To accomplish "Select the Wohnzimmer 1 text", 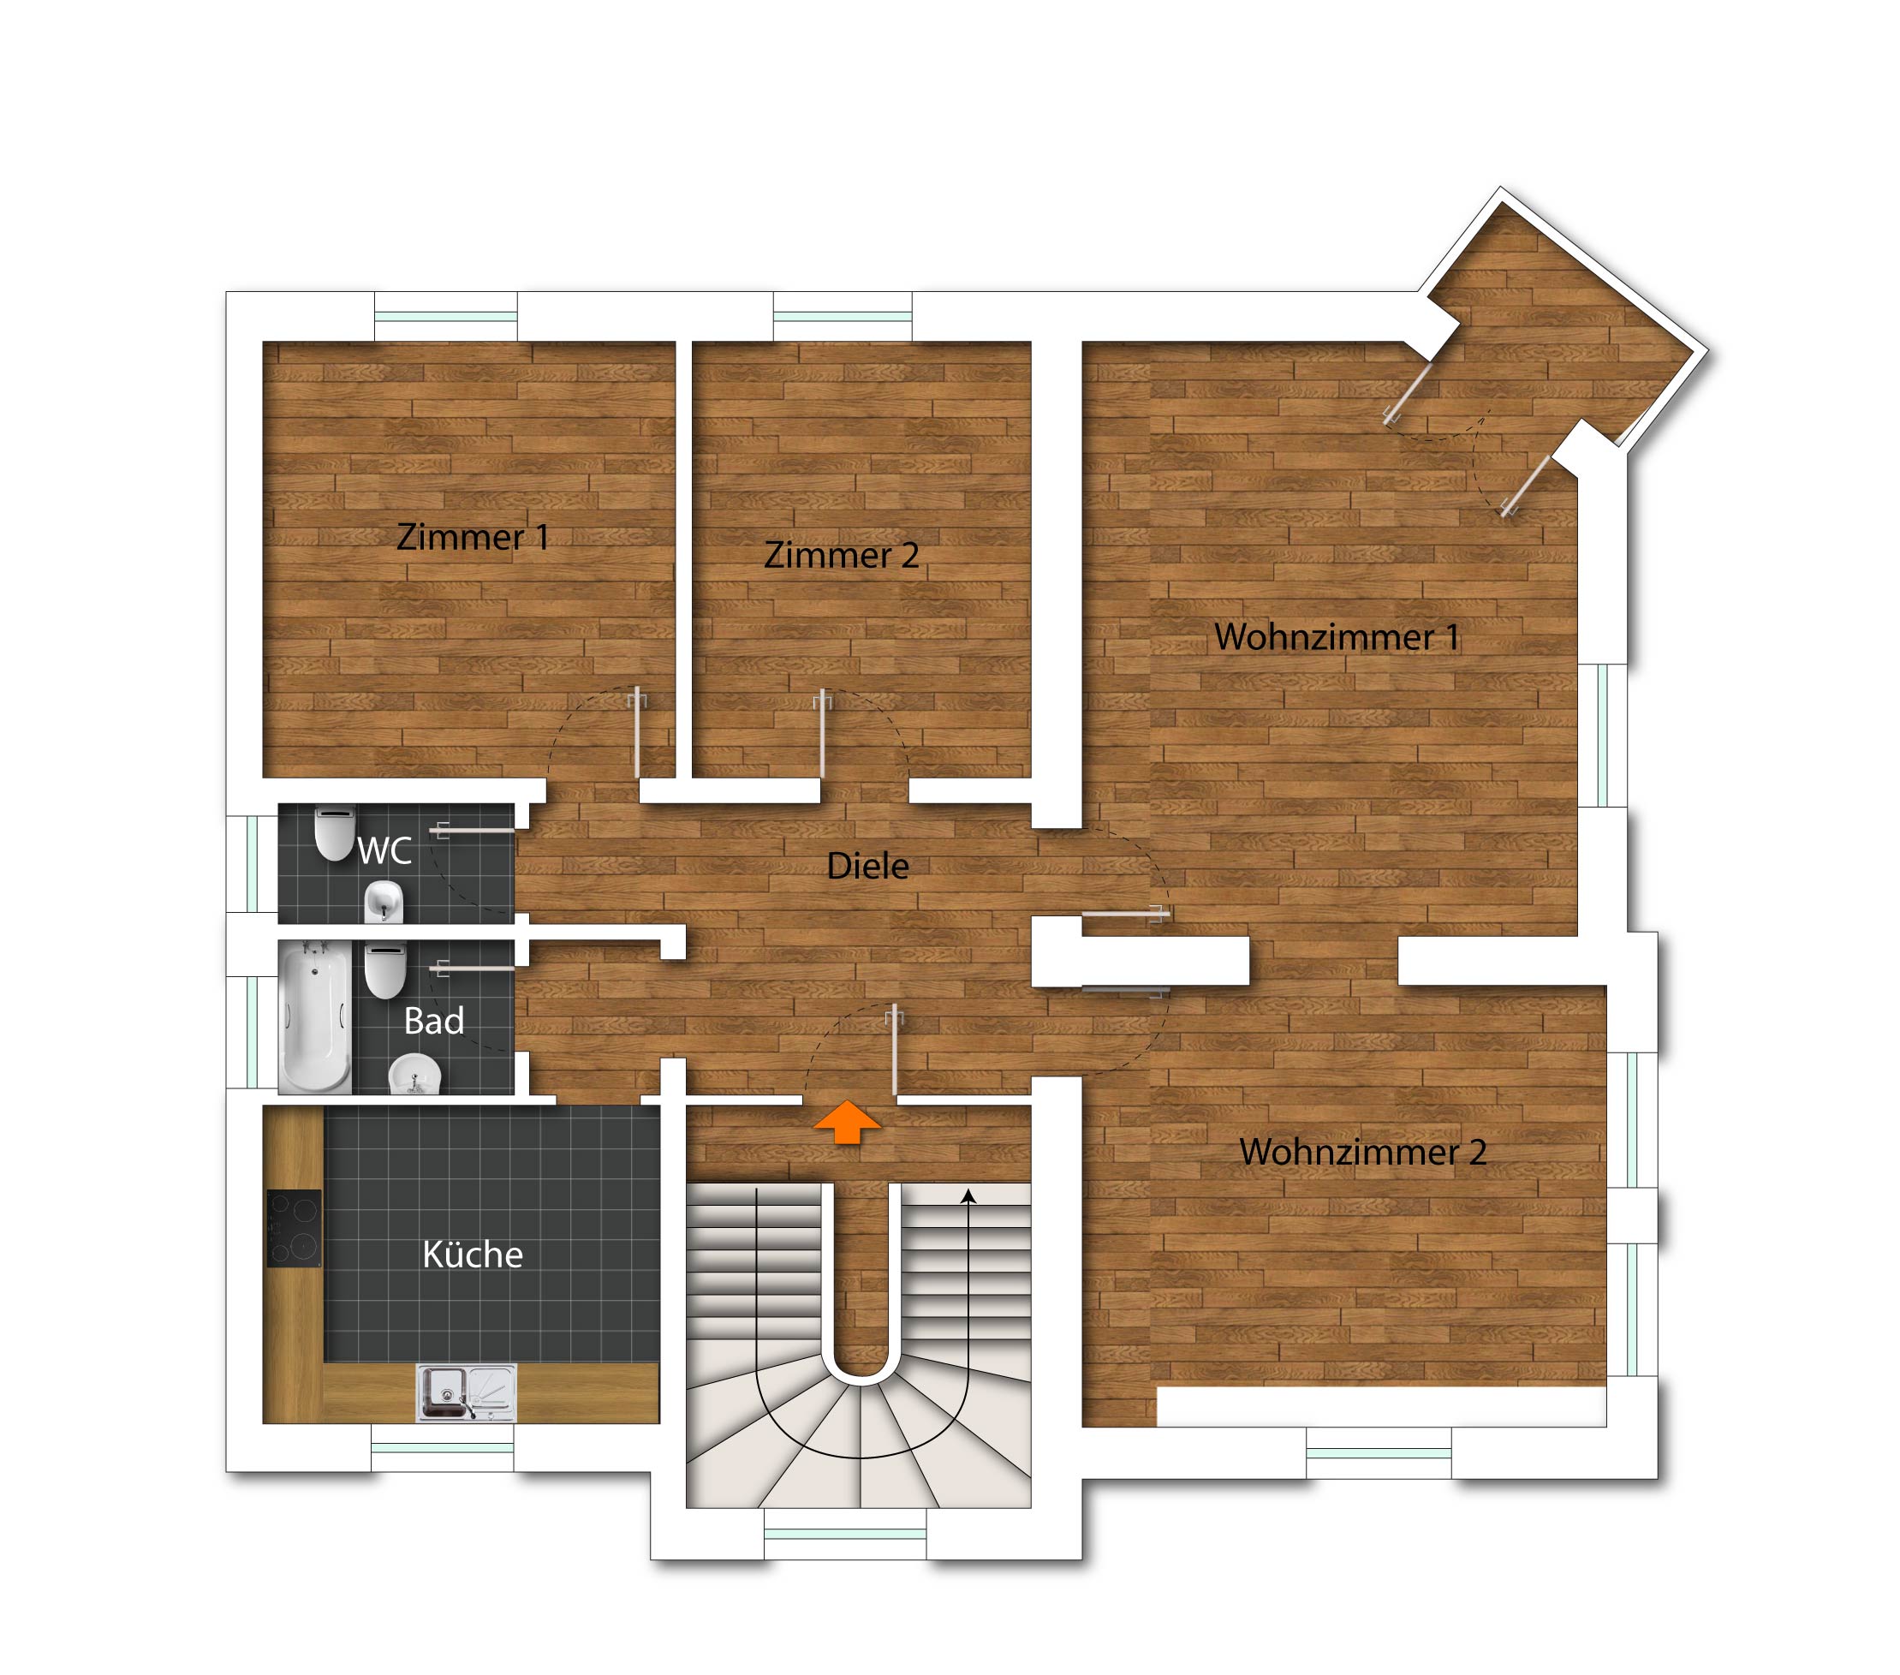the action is (1337, 637).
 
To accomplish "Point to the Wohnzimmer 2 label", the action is (1363, 1152).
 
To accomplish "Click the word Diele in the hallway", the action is (867, 867).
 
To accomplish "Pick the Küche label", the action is (472, 1255).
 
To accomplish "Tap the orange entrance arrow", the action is (847, 1121).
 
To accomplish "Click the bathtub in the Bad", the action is (316, 1016).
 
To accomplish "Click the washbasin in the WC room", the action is (384, 901).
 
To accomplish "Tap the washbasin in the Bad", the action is (414, 1075).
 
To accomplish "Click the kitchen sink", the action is (466, 1393).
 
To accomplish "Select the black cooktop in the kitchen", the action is (295, 1228).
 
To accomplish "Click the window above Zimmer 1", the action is (446, 316).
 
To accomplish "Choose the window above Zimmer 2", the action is (843, 316).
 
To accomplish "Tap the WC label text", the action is (384, 850).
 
